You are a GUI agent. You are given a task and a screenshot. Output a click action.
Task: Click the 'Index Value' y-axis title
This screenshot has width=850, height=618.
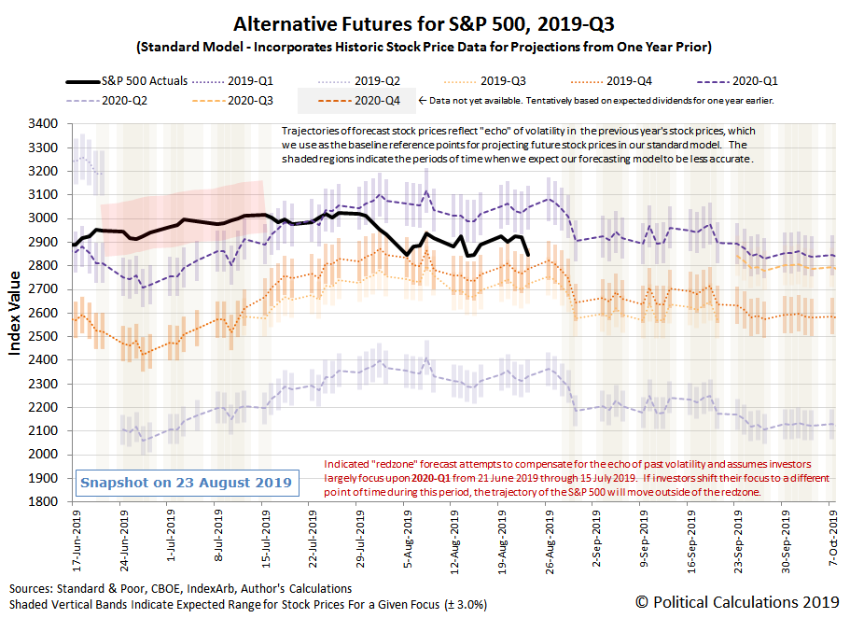click(16, 312)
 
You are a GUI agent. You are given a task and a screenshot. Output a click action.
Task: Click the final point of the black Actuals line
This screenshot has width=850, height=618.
click(529, 254)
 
